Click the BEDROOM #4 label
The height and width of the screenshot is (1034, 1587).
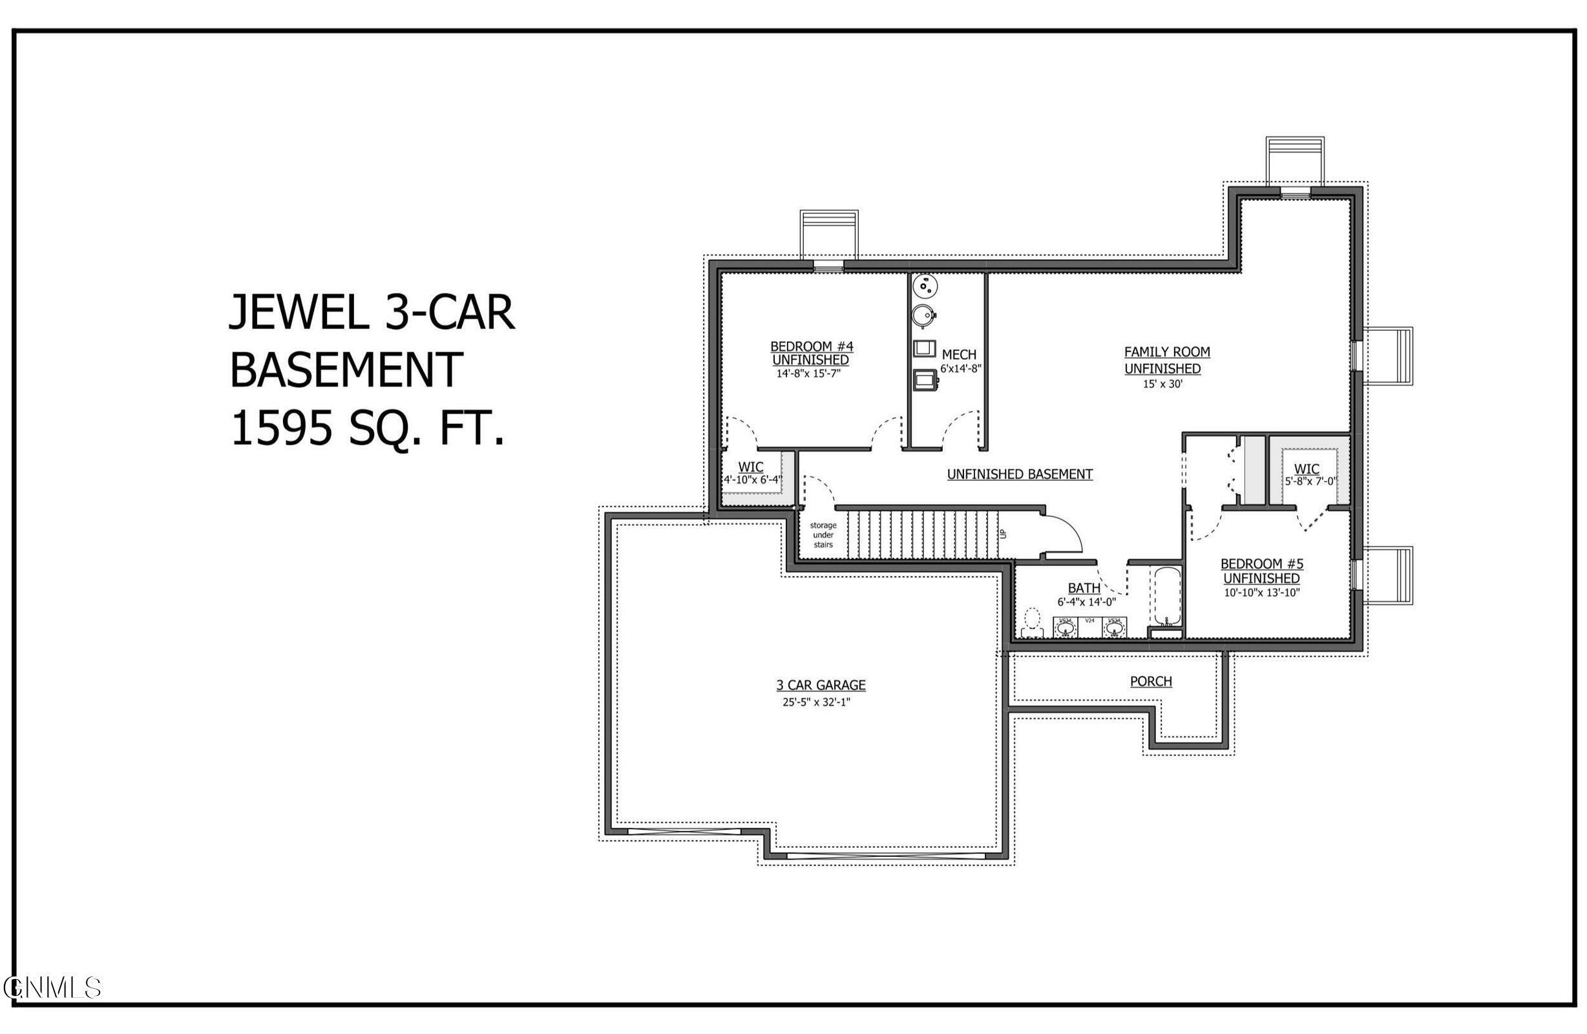(811, 346)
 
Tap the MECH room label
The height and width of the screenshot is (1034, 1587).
(959, 354)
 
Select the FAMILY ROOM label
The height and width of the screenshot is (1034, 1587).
(1167, 352)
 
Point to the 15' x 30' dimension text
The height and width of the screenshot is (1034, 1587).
(1162, 385)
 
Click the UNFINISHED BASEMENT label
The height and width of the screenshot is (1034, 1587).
(1020, 474)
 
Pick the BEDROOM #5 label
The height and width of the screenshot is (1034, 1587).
(1261, 564)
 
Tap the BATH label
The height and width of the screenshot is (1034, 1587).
(1084, 587)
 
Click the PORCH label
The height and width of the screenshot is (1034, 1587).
(1151, 681)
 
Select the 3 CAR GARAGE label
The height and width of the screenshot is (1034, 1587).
(821, 684)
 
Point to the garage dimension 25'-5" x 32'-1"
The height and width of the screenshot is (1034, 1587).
(817, 702)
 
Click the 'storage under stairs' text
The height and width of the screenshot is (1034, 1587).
(823, 535)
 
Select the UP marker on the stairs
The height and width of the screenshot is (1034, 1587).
(1002, 534)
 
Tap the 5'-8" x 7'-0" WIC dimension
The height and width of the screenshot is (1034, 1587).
(1310, 481)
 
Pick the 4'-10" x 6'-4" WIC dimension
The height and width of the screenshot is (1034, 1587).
(753, 479)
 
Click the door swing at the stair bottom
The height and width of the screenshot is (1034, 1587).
(1060, 531)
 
